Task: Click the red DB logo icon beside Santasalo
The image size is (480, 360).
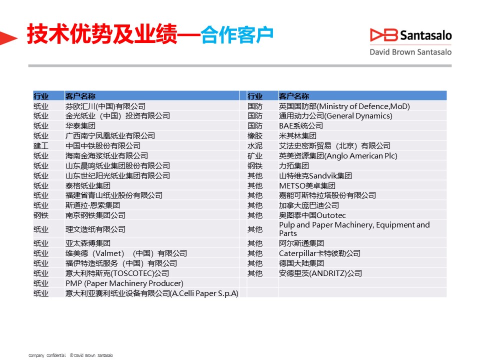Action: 383,35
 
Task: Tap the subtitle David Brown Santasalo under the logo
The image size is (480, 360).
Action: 410,52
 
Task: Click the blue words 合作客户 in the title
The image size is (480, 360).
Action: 237,34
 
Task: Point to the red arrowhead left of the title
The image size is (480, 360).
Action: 8,38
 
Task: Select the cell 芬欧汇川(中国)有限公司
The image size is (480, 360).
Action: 105,106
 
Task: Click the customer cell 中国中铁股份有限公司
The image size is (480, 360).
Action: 103,145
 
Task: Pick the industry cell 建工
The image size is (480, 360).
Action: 41,145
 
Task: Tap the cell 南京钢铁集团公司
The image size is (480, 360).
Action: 95,215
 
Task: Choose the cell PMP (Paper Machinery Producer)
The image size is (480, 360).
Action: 124,283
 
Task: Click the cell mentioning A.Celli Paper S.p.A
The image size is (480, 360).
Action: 152,293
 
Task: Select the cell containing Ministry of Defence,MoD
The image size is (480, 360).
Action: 344,106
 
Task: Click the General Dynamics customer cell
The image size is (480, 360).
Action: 335,115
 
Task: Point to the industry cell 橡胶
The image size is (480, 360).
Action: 255,135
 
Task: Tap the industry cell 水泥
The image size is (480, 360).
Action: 255,145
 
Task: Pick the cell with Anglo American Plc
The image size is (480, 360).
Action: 338,156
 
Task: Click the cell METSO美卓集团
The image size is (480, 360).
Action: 307,186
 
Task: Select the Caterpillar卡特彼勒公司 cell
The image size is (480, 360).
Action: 319,253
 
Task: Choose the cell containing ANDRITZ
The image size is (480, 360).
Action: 320,273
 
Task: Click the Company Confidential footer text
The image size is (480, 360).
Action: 47,355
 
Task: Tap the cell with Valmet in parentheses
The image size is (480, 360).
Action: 126,253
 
